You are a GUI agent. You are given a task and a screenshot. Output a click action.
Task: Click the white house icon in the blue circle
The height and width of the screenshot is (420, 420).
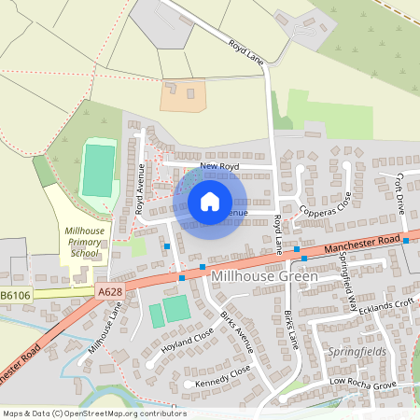[210, 201]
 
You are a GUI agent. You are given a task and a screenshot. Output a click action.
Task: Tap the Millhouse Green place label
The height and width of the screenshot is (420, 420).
[265, 277]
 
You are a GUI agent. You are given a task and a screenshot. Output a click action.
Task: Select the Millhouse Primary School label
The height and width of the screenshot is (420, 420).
[84, 241]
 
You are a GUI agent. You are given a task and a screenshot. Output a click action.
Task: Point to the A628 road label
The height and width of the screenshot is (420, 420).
[109, 292]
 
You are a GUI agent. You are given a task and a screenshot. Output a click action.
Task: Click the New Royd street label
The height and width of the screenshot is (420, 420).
[220, 166]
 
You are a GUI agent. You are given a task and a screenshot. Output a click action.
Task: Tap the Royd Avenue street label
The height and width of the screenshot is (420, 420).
[141, 189]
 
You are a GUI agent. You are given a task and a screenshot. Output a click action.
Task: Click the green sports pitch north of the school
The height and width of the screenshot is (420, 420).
[98, 169]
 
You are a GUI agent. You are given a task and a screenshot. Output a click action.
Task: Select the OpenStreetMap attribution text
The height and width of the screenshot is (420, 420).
[94, 413]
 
